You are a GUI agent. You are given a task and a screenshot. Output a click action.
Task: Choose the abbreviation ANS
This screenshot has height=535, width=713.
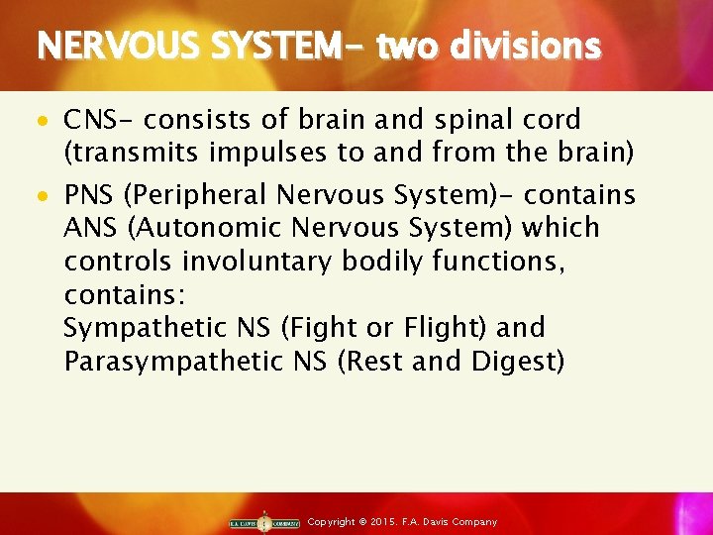point(89,227)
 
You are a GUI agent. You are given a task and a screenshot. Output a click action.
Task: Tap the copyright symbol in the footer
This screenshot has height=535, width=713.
point(362,522)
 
